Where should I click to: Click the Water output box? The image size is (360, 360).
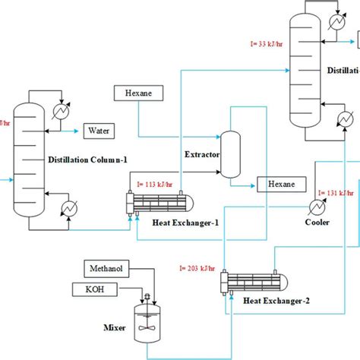[99, 131]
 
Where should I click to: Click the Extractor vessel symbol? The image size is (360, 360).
[230, 146]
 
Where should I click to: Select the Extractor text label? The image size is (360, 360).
[202, 154]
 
